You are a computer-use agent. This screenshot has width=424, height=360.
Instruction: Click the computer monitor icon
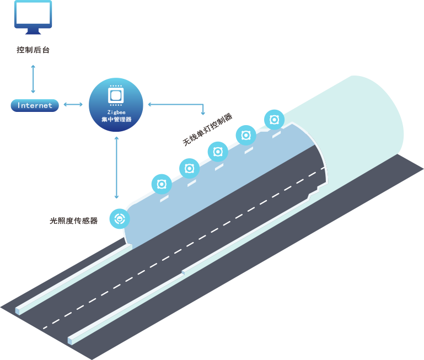point(34,17)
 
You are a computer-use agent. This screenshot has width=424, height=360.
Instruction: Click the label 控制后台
point(34,50)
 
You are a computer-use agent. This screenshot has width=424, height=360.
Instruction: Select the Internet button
point(35,105)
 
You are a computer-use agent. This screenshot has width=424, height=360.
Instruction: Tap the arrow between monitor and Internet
point(34,78)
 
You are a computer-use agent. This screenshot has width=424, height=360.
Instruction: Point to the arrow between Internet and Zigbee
point(73,104)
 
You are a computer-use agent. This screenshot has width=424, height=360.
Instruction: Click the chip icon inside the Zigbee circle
point(116,95)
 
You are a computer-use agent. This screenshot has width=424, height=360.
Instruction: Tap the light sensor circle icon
point(119,219)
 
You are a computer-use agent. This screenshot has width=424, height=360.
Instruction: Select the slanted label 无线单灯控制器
point(207,130)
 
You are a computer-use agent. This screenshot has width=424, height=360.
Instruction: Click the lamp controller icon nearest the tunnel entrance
point(162,184)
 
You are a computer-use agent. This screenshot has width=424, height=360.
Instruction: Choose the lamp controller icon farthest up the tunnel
point(274,119)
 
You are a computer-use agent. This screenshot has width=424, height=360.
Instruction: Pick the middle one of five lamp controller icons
point(218,152)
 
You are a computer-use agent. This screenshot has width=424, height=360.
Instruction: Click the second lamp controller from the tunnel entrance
point(190,168)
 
